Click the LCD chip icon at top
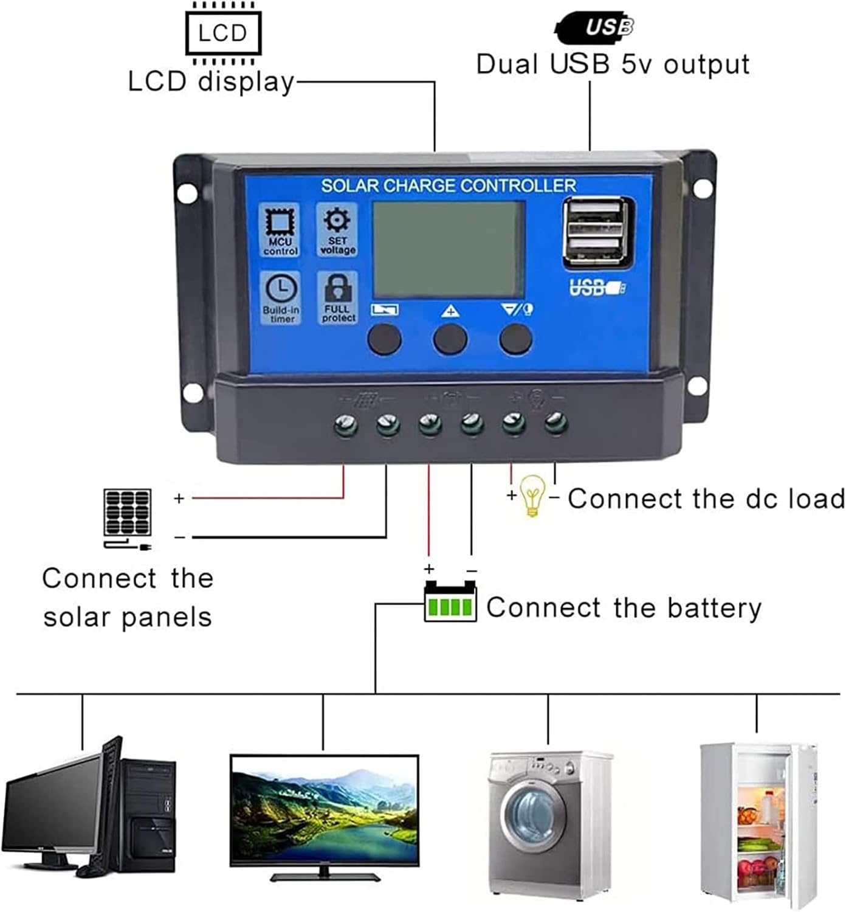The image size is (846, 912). pos(222,32)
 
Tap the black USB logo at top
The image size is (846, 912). pos(594,27)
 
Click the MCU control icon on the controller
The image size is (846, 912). pos(280,230)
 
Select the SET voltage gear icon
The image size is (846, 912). pos(337,229)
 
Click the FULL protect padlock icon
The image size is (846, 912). pos(339,297)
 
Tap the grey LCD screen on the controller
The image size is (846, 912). pos(449,249)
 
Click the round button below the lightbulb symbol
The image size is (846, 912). pos(515,339)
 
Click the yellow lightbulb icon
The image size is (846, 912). pos(532,495)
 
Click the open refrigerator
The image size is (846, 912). pos(758,824)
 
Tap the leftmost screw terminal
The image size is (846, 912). pos(345,424)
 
